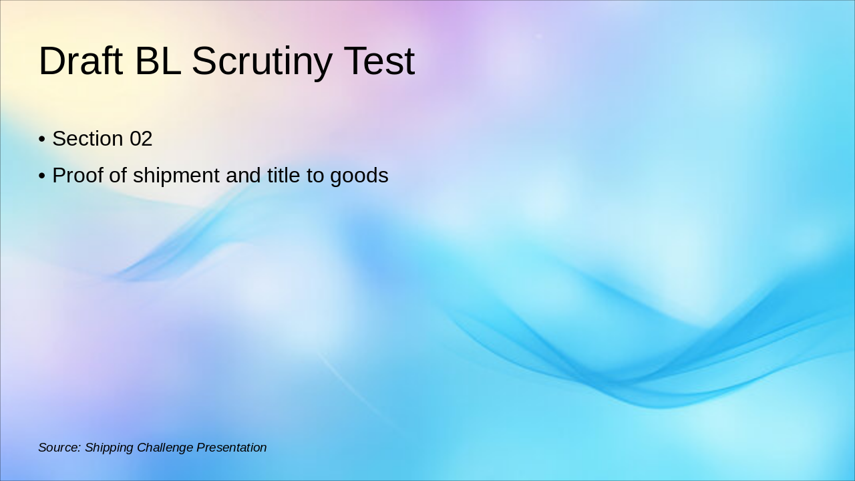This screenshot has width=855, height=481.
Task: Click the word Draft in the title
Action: [81, 61]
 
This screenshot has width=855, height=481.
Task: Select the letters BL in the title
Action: [158, 61]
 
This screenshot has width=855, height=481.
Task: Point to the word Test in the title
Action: [379, 61]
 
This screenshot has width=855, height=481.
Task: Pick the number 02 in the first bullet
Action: [141, 139]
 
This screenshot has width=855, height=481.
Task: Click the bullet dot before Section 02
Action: [42, 140]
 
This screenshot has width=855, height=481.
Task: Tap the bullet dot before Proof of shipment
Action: [42, 176]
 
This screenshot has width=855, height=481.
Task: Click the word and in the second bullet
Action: [244, 176]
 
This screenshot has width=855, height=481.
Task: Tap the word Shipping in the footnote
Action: [109, 448]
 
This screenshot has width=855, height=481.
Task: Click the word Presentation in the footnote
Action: [231, 448]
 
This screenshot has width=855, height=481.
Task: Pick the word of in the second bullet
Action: [118, 176]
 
